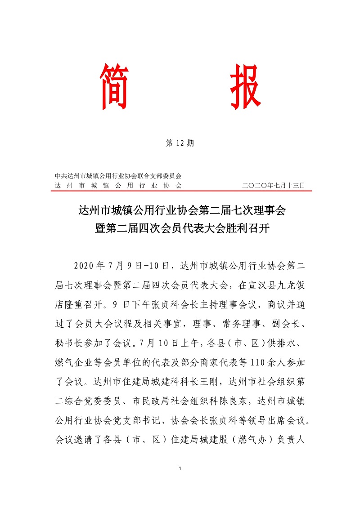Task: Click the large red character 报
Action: (246, 87)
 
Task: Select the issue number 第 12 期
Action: (180, 143)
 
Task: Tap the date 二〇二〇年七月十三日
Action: (274, 185)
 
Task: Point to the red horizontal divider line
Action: (180, 191)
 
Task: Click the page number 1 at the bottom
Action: (180, 469)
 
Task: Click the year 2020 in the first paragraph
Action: (85, 266)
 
